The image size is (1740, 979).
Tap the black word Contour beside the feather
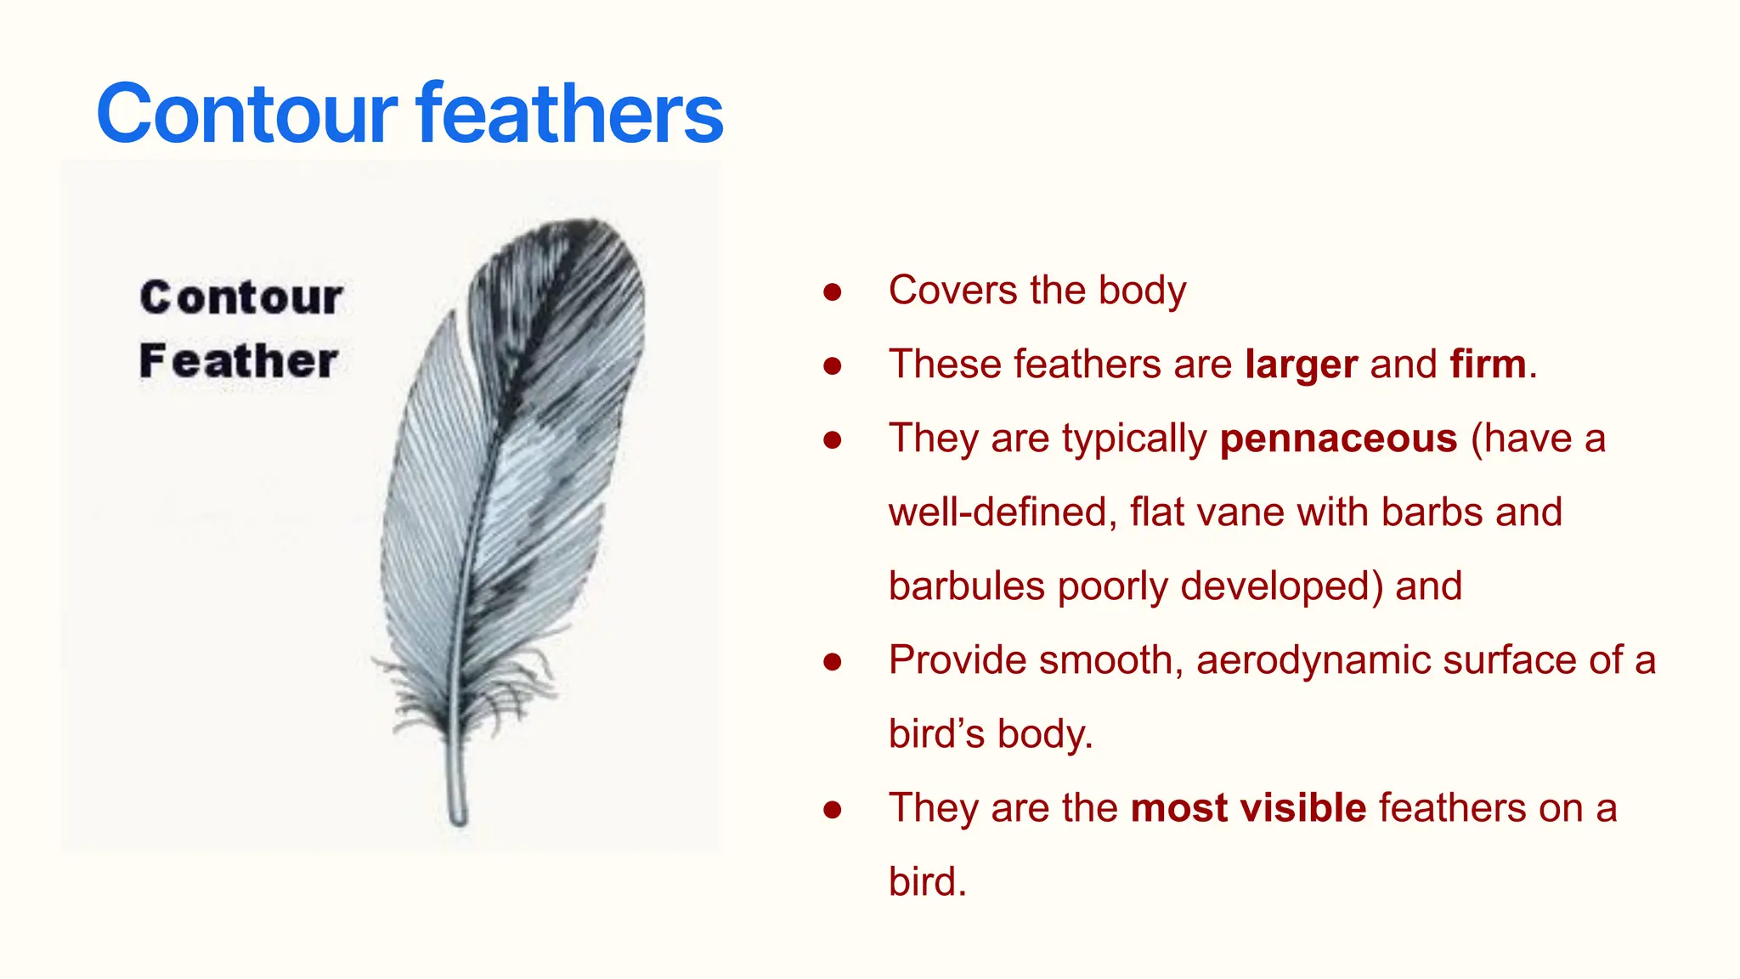click(241, 297)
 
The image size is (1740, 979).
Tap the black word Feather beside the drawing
click(239, 361)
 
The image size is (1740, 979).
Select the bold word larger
click(1301, 365)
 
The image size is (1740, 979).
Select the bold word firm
click(1488, 365)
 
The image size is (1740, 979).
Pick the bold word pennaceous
click(1338, 439)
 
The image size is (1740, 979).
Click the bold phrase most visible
click(1248, 807)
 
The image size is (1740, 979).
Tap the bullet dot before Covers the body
click(833, 292)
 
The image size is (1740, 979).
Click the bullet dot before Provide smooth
click(833, 662)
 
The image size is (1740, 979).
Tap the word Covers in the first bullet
click(952, 291)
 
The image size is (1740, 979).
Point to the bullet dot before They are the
click(833, 810)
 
